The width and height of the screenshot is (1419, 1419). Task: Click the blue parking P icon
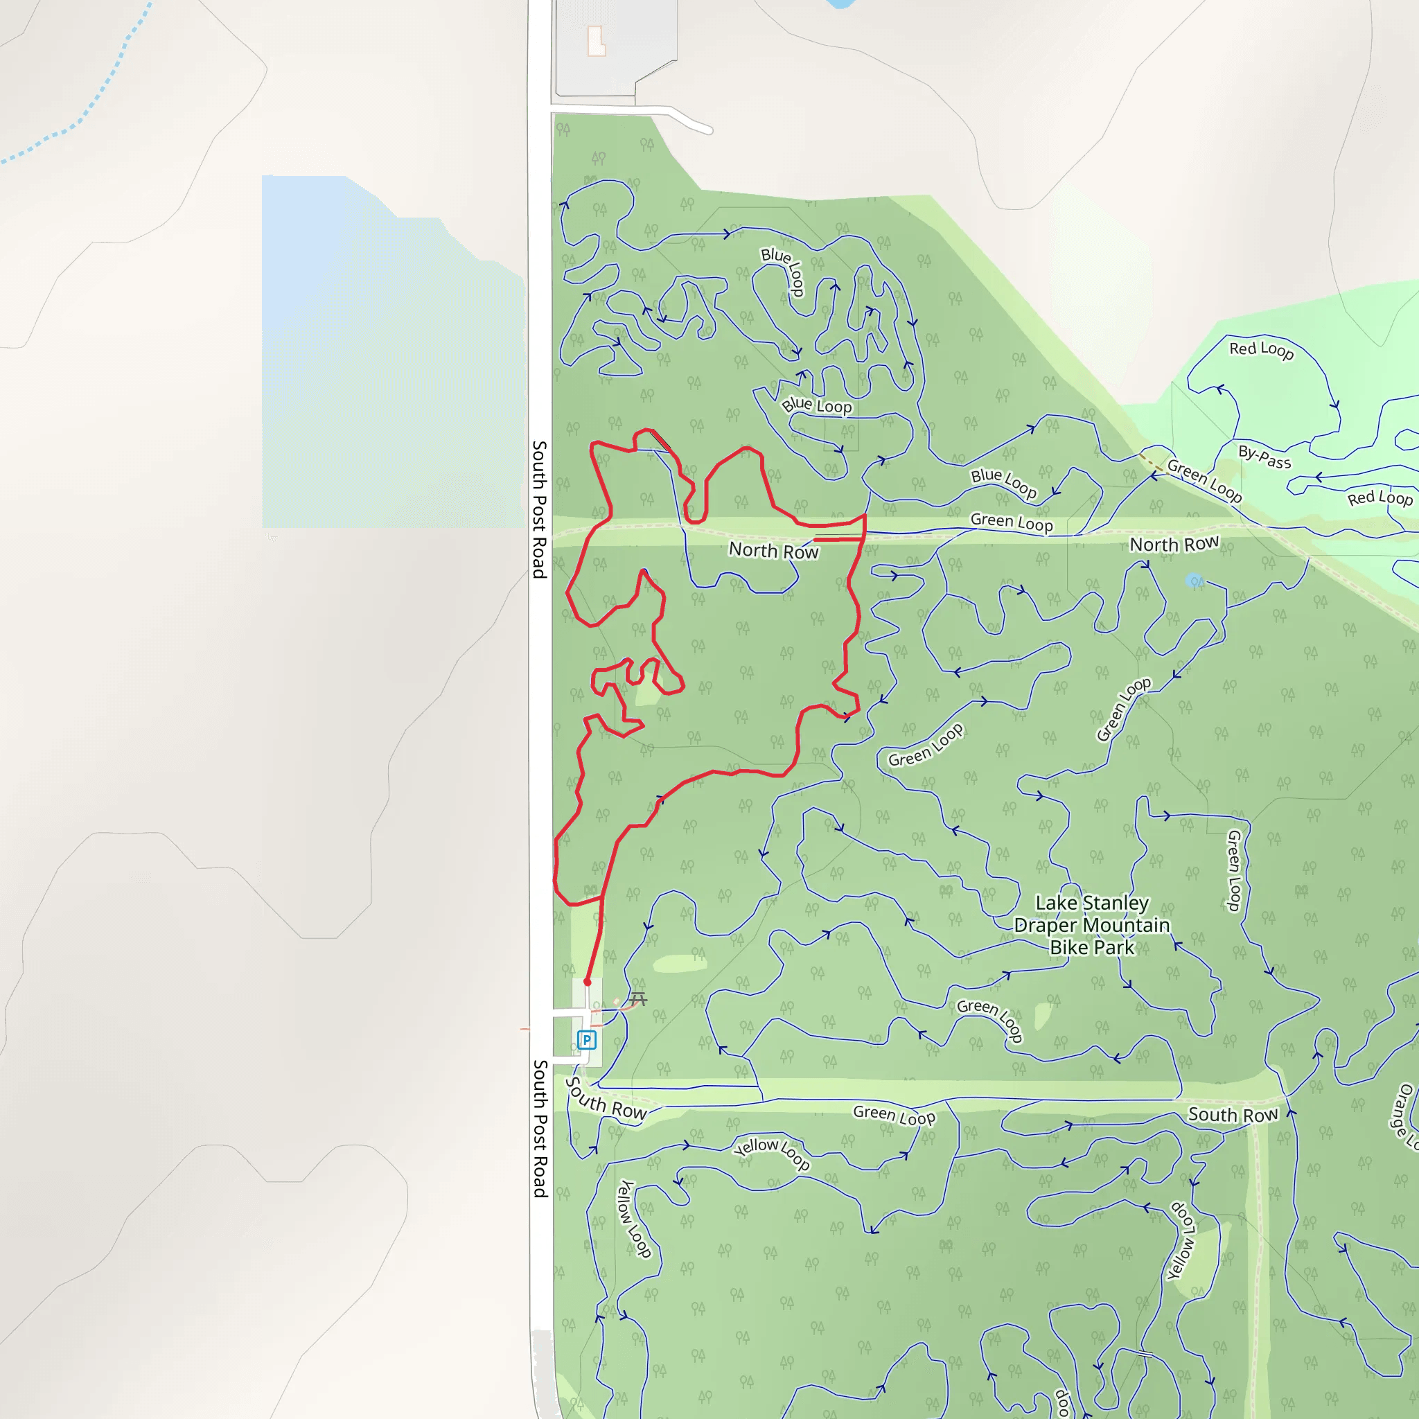coord(586,1039)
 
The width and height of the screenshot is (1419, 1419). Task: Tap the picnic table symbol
coord(638,999)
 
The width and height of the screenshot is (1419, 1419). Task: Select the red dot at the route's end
coord(588,982)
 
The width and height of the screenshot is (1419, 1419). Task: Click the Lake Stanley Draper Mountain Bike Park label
coord(1091,925)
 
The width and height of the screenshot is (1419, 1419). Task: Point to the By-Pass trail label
coord(1264,457)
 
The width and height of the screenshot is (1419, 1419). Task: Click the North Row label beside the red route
coord(773,550)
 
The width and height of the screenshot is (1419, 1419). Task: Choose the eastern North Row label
coord(1174,544)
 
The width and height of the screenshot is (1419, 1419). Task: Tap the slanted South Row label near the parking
coord(607,1100)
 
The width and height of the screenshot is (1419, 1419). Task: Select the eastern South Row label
coord(1233,1115)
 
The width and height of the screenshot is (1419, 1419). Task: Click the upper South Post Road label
coord(540,509)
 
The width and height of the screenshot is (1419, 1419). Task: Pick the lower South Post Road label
coord(540,1128)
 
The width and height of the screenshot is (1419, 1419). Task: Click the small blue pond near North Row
coord(1194,580)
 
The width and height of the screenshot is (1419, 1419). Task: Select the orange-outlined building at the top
coord(597,41)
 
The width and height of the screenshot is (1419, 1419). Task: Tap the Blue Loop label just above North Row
coord(1003,482)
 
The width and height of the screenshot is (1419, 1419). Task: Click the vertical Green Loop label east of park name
coord(1235,870)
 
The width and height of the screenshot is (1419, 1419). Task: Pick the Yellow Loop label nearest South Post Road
coord(634,1219)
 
